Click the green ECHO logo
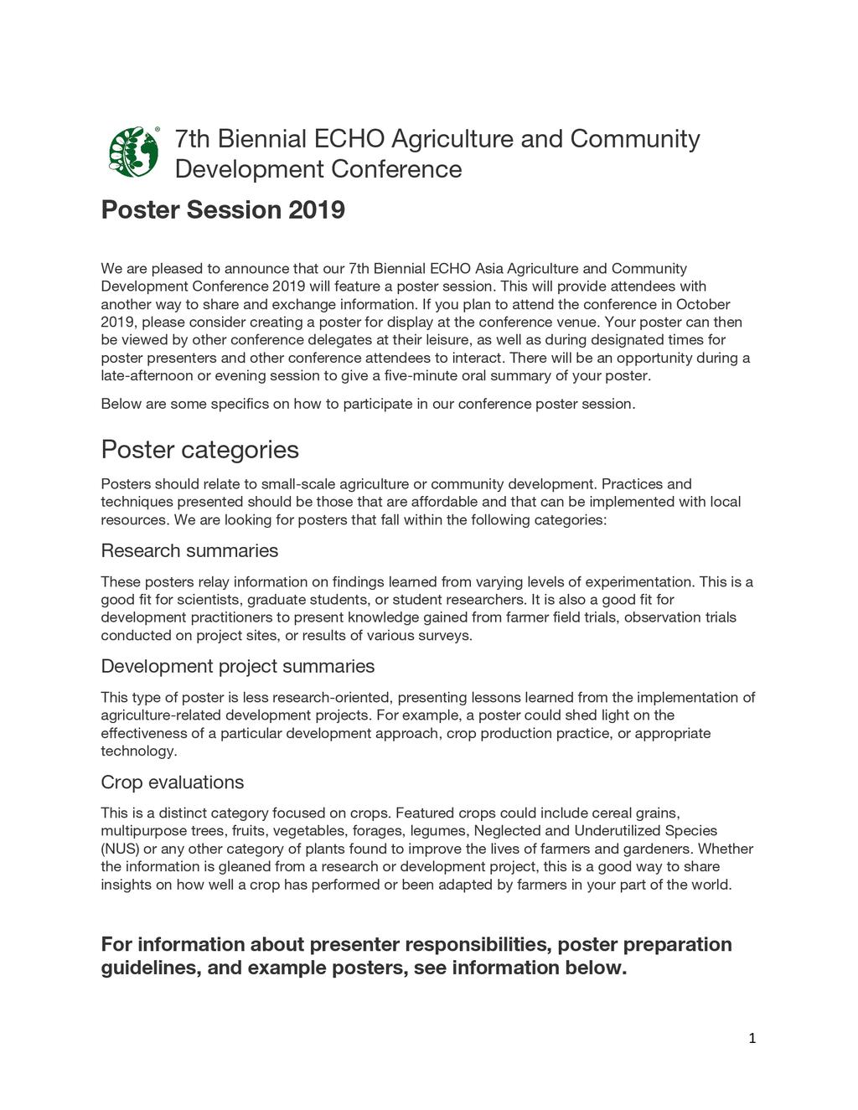pyautogui.click(x=134, y=152)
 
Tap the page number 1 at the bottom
pyautogui.click(x=752, y=1039)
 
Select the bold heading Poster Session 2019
pyautogui.click(x=222, y=209)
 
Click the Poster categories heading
pyautogui.click(x=199, y=450)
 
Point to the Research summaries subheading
pyautogui.click(x=189, y=550)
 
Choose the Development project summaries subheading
pyautogui.click(x=237, y=666)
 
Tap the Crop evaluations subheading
pyautogui.click(x=172, y=782)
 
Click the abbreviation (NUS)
pyautogui.click(x=118, y=849)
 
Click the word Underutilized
pyautogui.click(x=617, y=830)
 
